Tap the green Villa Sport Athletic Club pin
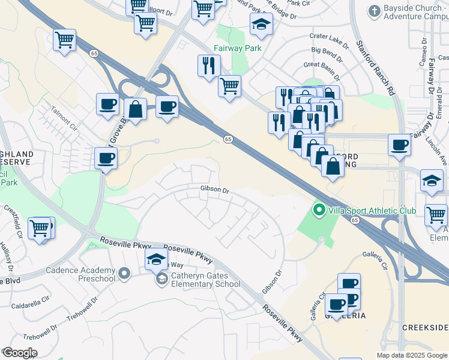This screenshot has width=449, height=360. pos(319,210)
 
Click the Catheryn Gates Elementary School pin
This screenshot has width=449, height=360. pos(161,278)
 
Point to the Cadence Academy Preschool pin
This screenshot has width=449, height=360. pos(124,274)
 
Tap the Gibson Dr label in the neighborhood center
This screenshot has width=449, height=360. pos(215,190)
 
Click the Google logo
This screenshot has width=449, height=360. pos(20,352)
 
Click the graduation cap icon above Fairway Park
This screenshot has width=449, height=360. pos(261,24)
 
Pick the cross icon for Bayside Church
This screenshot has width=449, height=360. pos(375,11)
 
